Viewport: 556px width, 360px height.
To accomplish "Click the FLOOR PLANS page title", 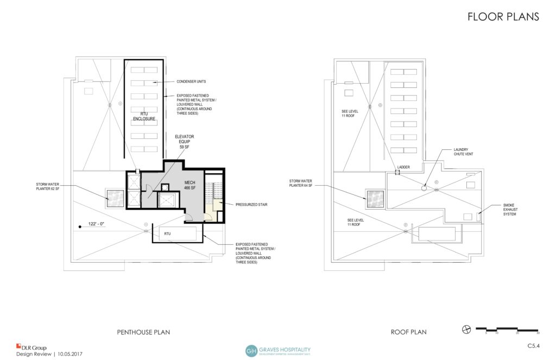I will tap(503, 17).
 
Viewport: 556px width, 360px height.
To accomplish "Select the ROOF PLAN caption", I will tap(408, 332).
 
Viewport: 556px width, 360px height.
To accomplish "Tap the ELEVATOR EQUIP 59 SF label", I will tap(185, 142).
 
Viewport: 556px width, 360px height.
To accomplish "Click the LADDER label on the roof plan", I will tap(403, 167).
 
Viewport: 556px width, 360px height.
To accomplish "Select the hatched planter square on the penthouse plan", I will tap(115, 198).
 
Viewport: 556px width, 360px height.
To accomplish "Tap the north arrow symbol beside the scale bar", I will tap(466, 329).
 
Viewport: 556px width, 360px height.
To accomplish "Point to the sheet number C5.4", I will tap(534, 345).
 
